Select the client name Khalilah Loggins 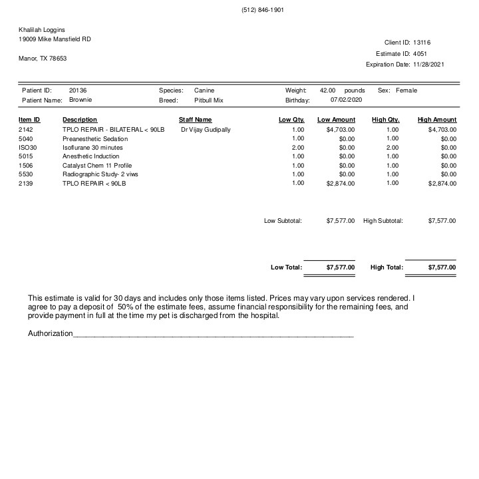[42, 29]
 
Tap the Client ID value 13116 [422, 41]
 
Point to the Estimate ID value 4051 [420, 53]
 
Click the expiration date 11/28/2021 [428, 65]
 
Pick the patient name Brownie [80, 100]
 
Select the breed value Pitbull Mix [208, 100]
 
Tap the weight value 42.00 [327, 90]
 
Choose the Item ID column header [29, 120]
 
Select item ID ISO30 [28, 148]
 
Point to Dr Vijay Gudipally [206, 130]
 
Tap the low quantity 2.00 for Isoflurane [297, 148]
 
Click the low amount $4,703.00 [341, 130]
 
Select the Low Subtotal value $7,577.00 [341, 220]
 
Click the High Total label [387, 267]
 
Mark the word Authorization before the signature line [50, 333]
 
